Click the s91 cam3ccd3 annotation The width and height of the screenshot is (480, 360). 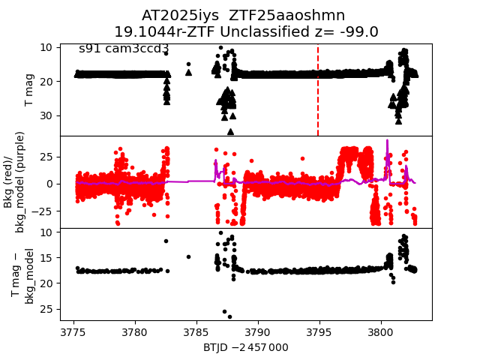(x=124, y=49)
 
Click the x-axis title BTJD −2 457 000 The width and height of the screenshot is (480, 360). (x=245, y=348)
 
